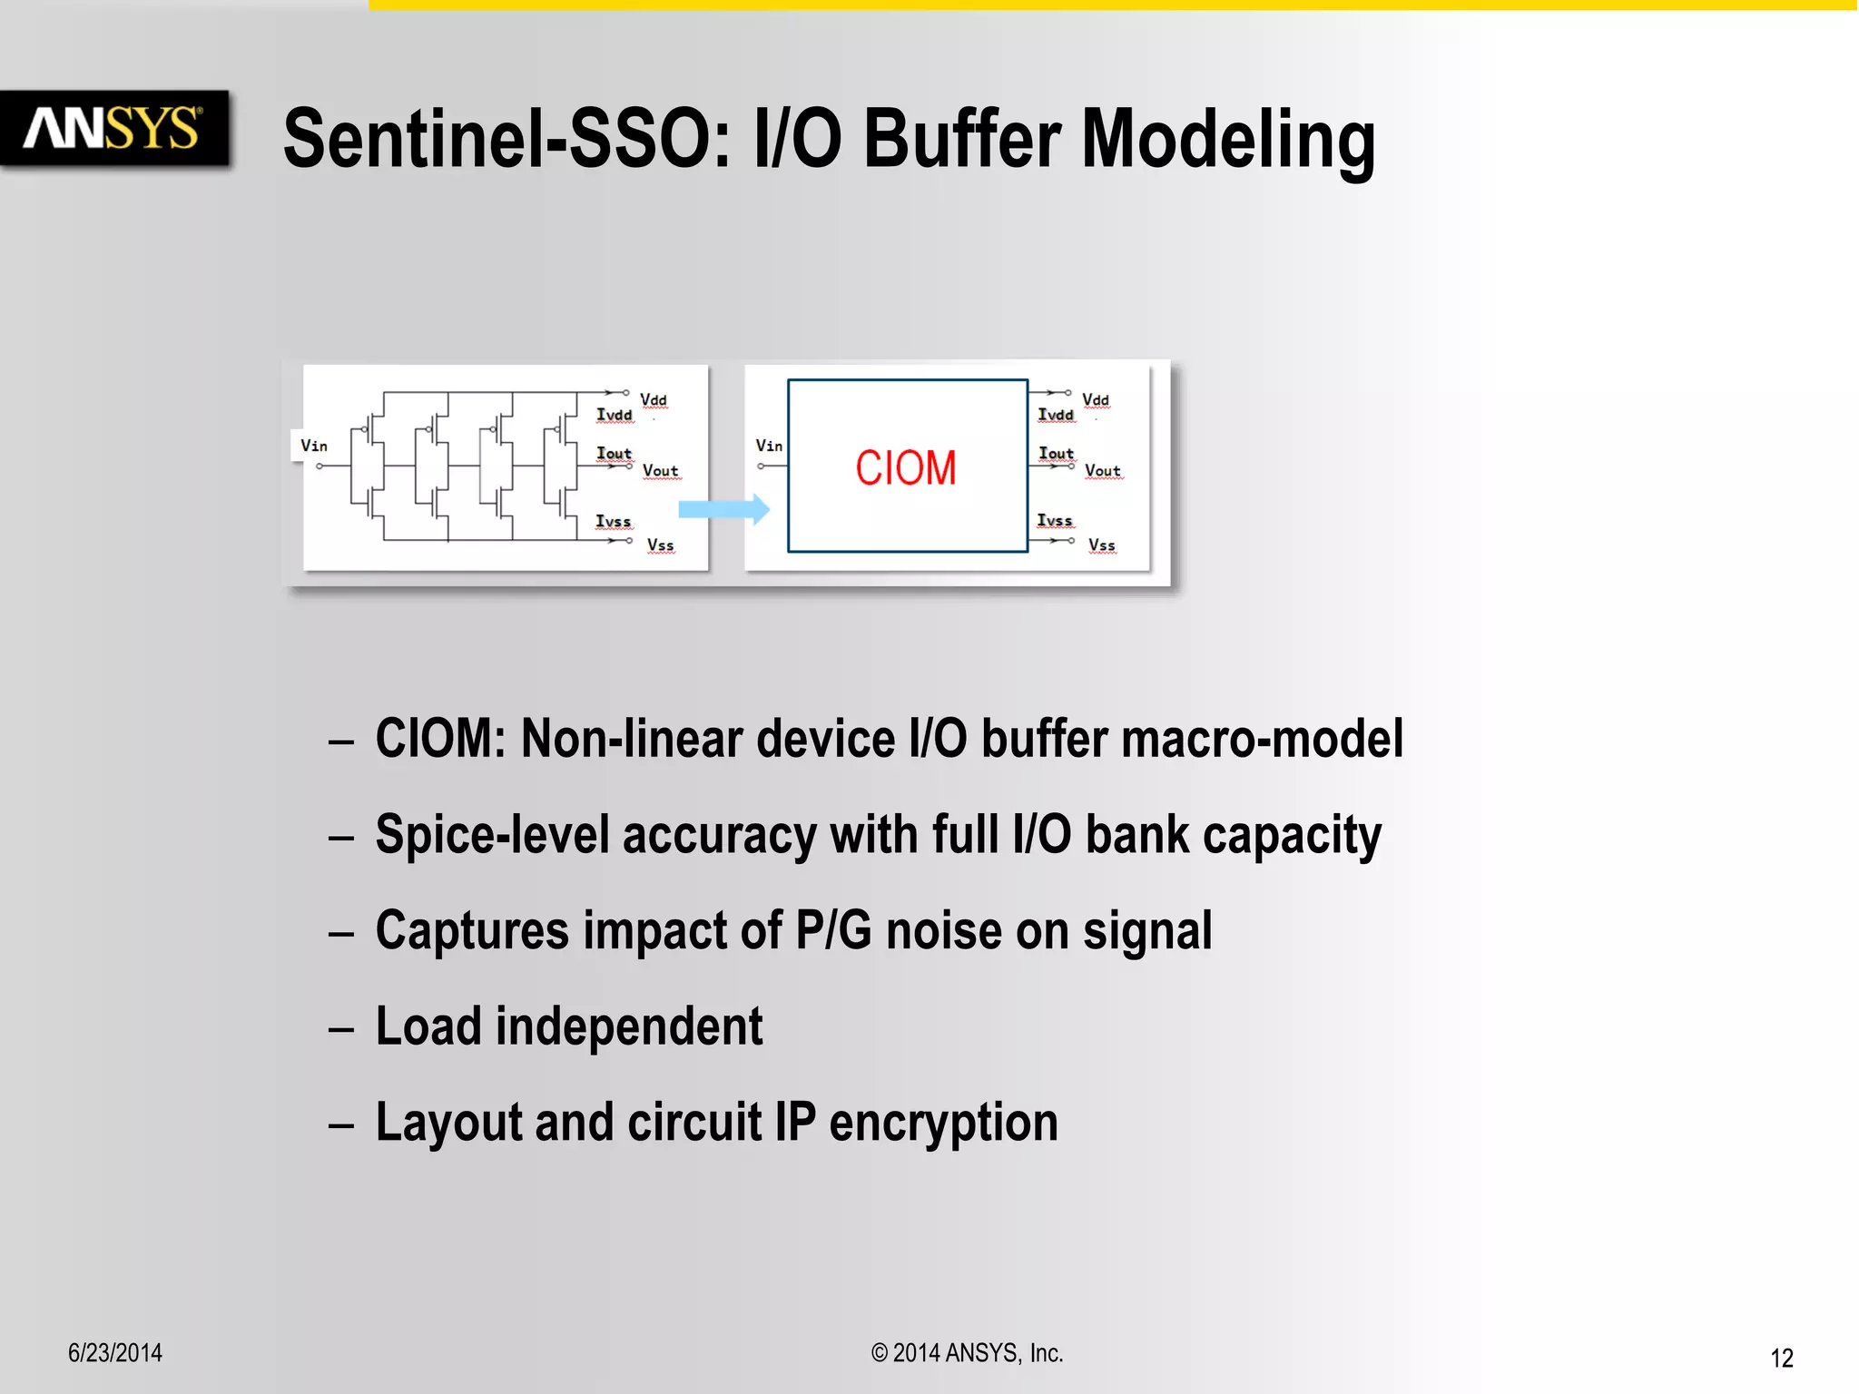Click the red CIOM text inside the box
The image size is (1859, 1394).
click(905, 468)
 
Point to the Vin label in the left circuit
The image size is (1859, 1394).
click(314, 446)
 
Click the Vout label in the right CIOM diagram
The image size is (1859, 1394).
click(1103, 471)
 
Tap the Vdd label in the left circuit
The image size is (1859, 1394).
click(654, 400)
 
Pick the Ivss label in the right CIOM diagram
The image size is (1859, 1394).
click(1055, 520)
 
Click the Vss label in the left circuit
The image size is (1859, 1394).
click(660, 545)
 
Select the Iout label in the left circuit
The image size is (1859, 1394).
click(614, 453)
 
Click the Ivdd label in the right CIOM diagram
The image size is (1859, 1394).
click(1056, 415)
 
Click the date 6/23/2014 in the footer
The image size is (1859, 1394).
click(115, 1353)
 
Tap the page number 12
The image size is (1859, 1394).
click(1781, 1358)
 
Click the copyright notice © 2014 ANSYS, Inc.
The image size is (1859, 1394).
click(967, 1353)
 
